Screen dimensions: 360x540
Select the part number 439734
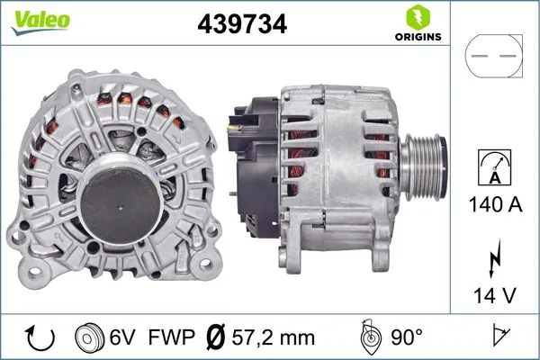coord(242,25)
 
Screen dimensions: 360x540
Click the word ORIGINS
coord(417,39)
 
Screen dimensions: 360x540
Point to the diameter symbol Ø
coord(217,338)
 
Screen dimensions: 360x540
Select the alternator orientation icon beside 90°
coord(368,337)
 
